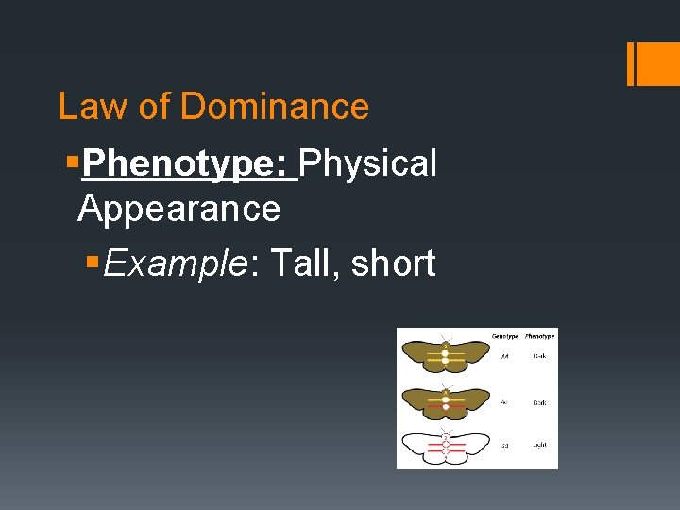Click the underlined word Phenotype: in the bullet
(190, 163)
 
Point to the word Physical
(367, 163)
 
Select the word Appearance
(178, 208)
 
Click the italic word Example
(177, 263)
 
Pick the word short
(393, 263)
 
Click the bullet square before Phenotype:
(71, 163)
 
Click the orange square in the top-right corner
(654, 63)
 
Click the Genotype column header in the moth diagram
(505, 336)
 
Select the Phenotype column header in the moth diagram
(539, 336)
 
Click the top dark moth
(445, 357)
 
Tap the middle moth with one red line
(445, 402)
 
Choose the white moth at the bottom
(445, 445)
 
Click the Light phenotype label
(539, 444)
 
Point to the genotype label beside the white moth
(505, 444)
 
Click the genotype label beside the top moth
(505, 357)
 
